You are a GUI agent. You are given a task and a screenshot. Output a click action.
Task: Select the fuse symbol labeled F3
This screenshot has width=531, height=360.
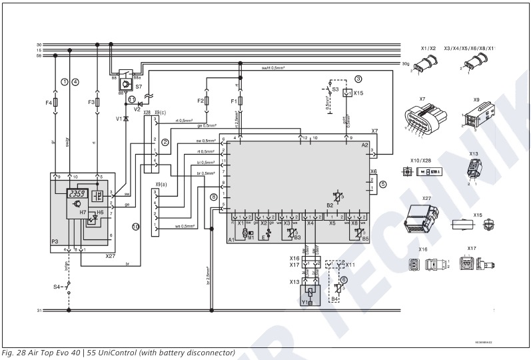[x=98, y=103]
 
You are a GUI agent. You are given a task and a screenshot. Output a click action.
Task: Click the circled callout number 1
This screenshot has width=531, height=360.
[x=65, y=82]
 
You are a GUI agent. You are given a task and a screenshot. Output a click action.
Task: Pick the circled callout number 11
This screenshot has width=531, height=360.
[x=132, y=99]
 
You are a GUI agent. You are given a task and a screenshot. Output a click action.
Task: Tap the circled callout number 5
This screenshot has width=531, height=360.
[x=382, y=183]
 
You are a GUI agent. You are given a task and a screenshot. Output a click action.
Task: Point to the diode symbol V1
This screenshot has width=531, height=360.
[x=126, y=118]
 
